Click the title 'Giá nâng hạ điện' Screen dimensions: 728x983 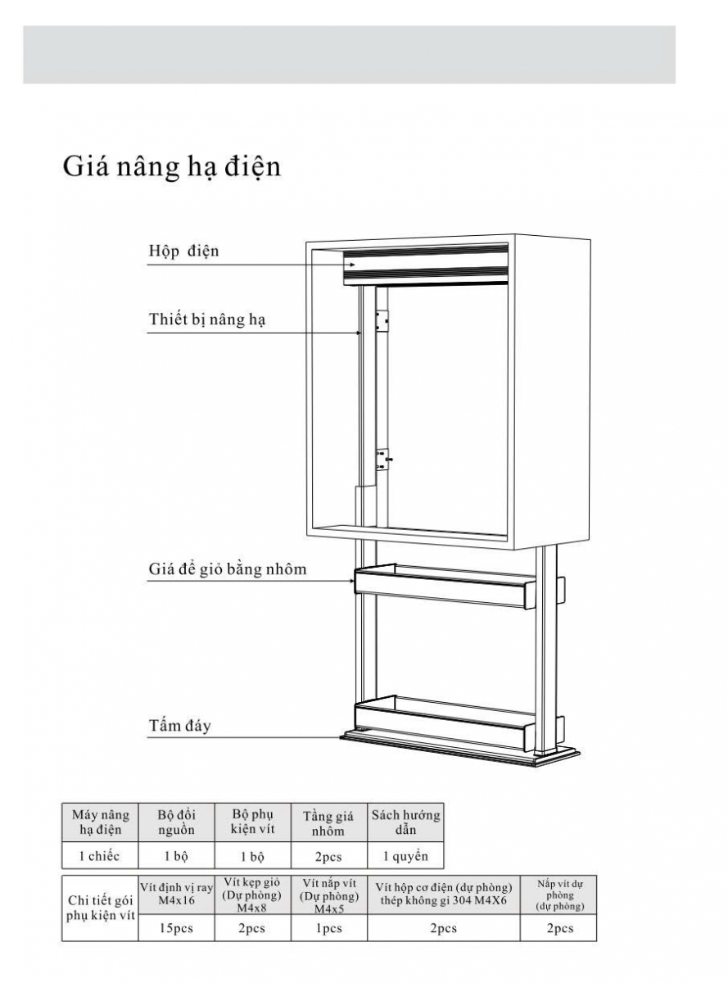click(171, 167)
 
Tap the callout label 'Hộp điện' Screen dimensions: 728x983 click(183, 251)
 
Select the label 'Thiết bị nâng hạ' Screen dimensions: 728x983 click(207, 319)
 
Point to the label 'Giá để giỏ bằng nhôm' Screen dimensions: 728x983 click(228, 569)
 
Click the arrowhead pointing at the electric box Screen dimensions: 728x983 click(352, 265)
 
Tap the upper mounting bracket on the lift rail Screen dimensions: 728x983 click(382, 321)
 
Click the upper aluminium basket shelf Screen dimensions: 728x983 click(443, 586)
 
